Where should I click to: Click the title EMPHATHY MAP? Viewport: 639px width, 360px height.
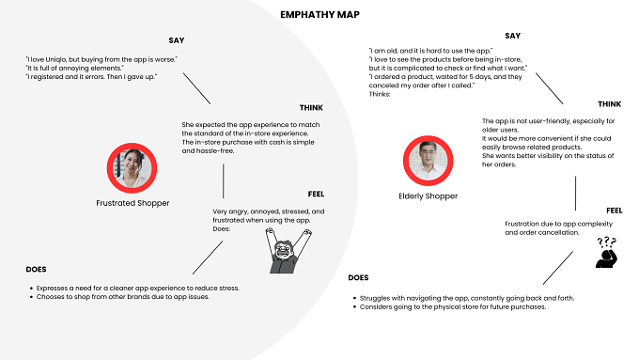(x=319, y=15)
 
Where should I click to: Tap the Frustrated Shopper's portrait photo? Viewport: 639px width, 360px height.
(x=132, y=168)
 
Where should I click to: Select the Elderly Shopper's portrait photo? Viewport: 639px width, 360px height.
(x=428, y=161)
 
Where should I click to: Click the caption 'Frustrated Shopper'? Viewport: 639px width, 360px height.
(x=132, y=203)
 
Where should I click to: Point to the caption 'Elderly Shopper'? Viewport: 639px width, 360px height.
(x=428, y=196)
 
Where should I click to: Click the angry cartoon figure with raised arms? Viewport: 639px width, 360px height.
(x=288, y=251)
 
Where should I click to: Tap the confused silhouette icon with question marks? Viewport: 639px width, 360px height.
(x=607, y=252)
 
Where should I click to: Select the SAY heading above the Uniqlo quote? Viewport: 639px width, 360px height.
(x=177, y=40)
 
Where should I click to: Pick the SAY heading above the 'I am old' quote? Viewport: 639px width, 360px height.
(x=513, y=36)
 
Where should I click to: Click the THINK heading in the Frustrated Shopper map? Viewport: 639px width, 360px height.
(x=311, y=108)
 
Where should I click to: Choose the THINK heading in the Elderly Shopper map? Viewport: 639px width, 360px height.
(x=610, y=104)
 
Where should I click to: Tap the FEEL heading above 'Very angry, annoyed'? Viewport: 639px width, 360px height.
(x=317, y=194)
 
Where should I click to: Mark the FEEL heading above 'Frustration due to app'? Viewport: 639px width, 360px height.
(x=615, y=211)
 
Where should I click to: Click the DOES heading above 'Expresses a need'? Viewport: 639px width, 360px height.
(x=36, y=270)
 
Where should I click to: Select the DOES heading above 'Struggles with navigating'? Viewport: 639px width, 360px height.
(x=358, y=277)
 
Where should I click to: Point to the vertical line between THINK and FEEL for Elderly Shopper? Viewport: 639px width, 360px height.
(x=575, y=194)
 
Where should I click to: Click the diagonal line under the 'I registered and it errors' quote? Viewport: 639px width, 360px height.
(x=196, y=88)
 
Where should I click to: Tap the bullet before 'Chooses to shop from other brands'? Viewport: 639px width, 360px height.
(x=31, y=297)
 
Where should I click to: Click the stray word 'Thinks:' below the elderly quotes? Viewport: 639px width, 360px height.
(x=380, y=94)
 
